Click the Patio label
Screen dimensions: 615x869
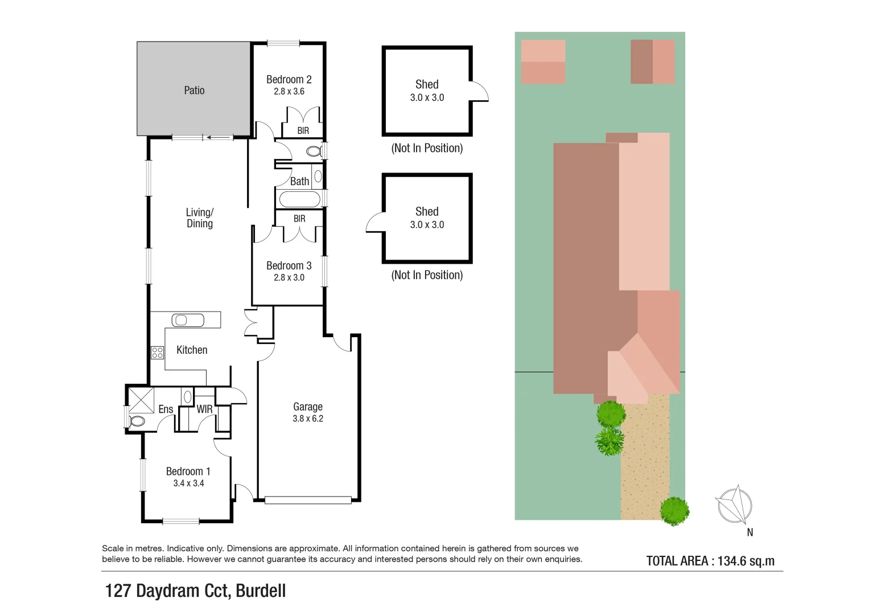click(194, 91)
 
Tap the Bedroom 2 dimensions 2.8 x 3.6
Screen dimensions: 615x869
click(289, 92)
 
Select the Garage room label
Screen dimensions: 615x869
click(308, 407)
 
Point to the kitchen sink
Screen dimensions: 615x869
click(188, 321)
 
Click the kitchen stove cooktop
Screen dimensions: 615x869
click(158, 352)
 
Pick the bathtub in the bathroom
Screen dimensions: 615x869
click(299, 199)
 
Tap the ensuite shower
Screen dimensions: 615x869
click(141, 400)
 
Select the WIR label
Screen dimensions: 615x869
click(204, 409)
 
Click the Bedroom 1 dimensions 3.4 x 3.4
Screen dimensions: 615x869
click(188, 483)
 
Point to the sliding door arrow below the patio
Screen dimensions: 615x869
click(219, 137)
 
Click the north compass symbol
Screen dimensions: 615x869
click(735, 505)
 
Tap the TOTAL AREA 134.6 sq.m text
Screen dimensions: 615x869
click(710, 561)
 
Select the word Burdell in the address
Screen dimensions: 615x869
click(261, 591)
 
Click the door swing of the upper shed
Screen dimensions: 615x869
click(480, 92)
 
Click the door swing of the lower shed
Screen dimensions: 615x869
click(375, 223)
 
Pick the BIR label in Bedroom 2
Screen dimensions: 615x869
click(303, 131)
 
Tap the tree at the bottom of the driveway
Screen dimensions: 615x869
click(674, 511)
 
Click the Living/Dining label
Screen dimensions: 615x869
click(200, 218)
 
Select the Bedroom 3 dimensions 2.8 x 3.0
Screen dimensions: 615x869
click(289, 278)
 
